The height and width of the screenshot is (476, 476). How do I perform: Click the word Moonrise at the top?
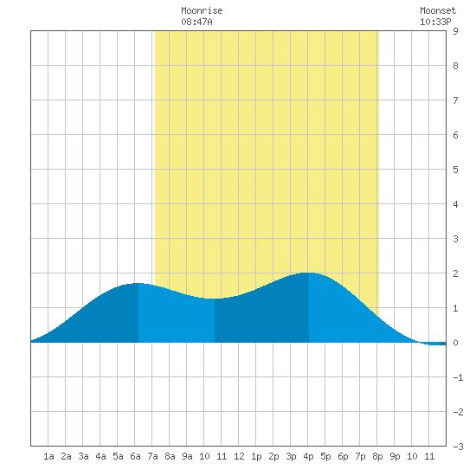[202, 10]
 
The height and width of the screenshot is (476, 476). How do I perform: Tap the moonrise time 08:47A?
[196, 22]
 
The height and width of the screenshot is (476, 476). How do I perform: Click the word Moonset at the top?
[438, 10]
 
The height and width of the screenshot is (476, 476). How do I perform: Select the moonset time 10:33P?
[435, 22]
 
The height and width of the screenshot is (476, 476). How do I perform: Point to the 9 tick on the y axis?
[455, 31]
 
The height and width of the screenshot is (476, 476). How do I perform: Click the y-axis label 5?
[455, 170]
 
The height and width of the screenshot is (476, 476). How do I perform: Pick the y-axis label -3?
[459, 447]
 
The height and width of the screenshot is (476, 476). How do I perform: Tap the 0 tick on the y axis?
[455, 343]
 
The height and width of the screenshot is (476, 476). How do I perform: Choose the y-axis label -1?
[459, 377]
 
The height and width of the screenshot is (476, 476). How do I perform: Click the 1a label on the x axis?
[48, 456]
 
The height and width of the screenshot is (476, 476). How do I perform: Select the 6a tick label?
[135, 456]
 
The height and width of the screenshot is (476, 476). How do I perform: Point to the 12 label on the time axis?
[239, 456]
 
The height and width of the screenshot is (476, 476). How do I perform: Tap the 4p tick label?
[308, 456]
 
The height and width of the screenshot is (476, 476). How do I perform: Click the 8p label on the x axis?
[377, 456]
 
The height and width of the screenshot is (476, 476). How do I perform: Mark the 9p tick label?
[395, 456]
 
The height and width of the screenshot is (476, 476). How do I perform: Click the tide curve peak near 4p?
[308, 273]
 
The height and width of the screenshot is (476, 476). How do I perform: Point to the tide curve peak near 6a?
[138, 283]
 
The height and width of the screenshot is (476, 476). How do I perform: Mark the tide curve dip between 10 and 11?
[214, 299]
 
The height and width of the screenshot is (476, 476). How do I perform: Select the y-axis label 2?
[455, 273]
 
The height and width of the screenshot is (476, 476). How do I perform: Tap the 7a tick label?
[152, 456]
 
